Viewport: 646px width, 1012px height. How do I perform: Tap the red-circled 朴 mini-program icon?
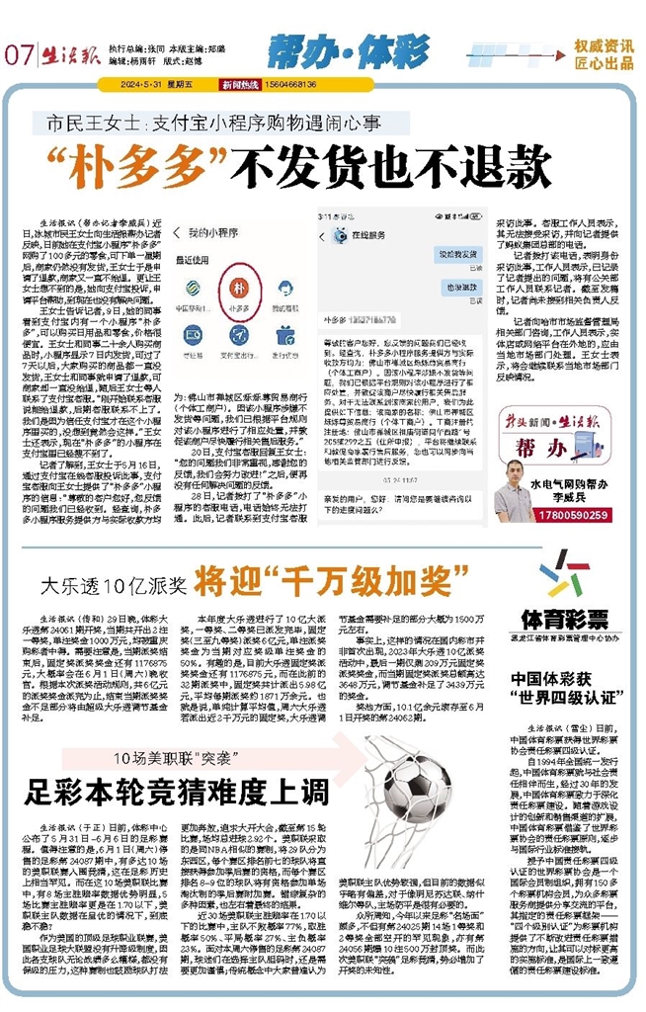(x=237, y=287)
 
